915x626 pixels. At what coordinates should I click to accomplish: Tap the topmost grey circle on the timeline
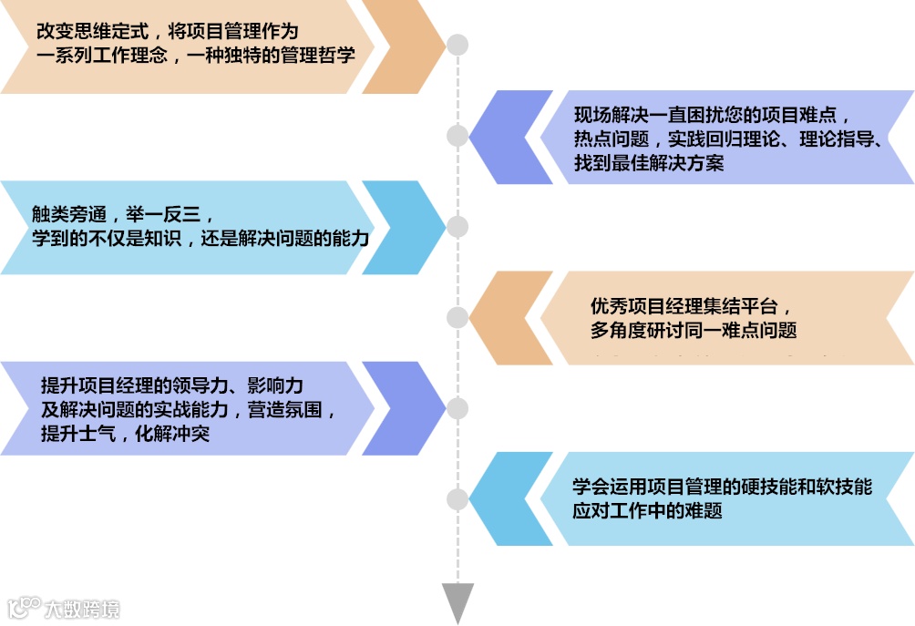pos(457,45)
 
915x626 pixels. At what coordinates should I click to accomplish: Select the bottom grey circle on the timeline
pos(457,499)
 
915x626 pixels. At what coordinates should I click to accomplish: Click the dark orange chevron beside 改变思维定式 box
pos(401,46)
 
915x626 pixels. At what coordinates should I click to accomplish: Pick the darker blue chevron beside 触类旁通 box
pos(401,227)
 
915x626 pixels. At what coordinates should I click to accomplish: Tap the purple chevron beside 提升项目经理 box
pos(401,407)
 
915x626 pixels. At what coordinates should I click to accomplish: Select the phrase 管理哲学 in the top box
pos(319,53)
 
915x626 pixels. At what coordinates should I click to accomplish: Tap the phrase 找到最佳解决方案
pos(649,163)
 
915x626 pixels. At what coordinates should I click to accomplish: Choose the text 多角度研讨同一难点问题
pos(694,329)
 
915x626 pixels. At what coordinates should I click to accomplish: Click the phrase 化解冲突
pos(172,433)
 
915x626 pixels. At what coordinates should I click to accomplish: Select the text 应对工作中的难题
pos(647,510)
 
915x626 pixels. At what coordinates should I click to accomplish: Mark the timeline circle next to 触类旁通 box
pos(457,227)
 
